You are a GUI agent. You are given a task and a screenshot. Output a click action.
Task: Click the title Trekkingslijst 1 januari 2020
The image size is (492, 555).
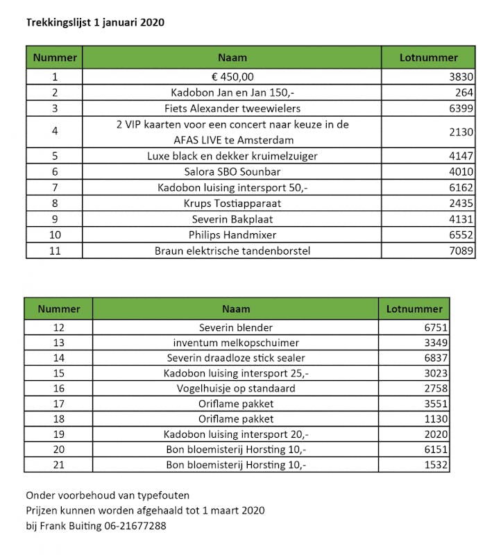click(95, 22)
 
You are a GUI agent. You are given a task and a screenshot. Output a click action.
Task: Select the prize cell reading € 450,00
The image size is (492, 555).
click(232, 77)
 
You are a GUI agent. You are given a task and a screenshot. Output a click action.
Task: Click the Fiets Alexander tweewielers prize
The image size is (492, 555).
click(232, 108)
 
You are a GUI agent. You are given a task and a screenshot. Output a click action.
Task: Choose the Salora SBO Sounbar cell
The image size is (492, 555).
click(232, 171)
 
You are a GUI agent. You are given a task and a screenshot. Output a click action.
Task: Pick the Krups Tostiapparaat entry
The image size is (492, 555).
click(232, 203)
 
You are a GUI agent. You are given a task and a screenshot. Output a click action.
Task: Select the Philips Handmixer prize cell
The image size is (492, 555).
click(232, 234)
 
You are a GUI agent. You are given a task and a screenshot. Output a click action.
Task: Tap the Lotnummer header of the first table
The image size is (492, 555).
click(429, 58)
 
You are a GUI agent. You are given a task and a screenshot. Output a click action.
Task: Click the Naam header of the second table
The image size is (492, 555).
click(236, 309)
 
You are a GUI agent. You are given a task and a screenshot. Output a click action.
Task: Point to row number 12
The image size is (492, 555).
click(58, 327)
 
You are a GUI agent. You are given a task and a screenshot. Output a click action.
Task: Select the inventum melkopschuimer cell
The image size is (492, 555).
click(236, 343)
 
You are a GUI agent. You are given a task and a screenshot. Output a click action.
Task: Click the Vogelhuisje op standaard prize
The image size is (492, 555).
click(236, 388)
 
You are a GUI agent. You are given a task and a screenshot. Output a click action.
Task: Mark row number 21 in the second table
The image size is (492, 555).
click(58, 465)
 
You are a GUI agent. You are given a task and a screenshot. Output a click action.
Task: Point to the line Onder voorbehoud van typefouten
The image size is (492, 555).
click(108, 495)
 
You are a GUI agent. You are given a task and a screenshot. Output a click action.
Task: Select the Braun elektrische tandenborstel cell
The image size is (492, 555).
click(232, 250)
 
